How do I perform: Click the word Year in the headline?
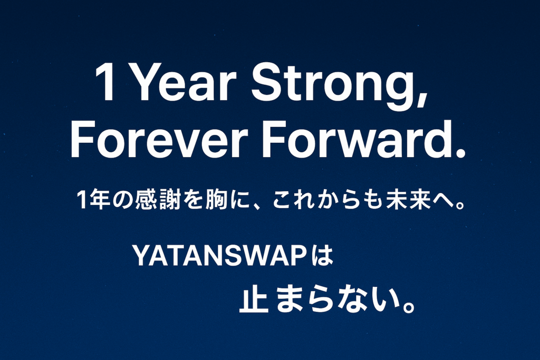coord(184,83)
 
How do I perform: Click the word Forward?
coord(355,139)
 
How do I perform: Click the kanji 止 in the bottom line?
coord(254,300)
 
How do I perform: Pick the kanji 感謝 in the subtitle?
coord(158,199)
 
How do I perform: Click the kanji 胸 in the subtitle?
coord(217,199)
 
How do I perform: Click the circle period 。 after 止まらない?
coord(409,306)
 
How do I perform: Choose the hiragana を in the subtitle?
coord(193,199)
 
